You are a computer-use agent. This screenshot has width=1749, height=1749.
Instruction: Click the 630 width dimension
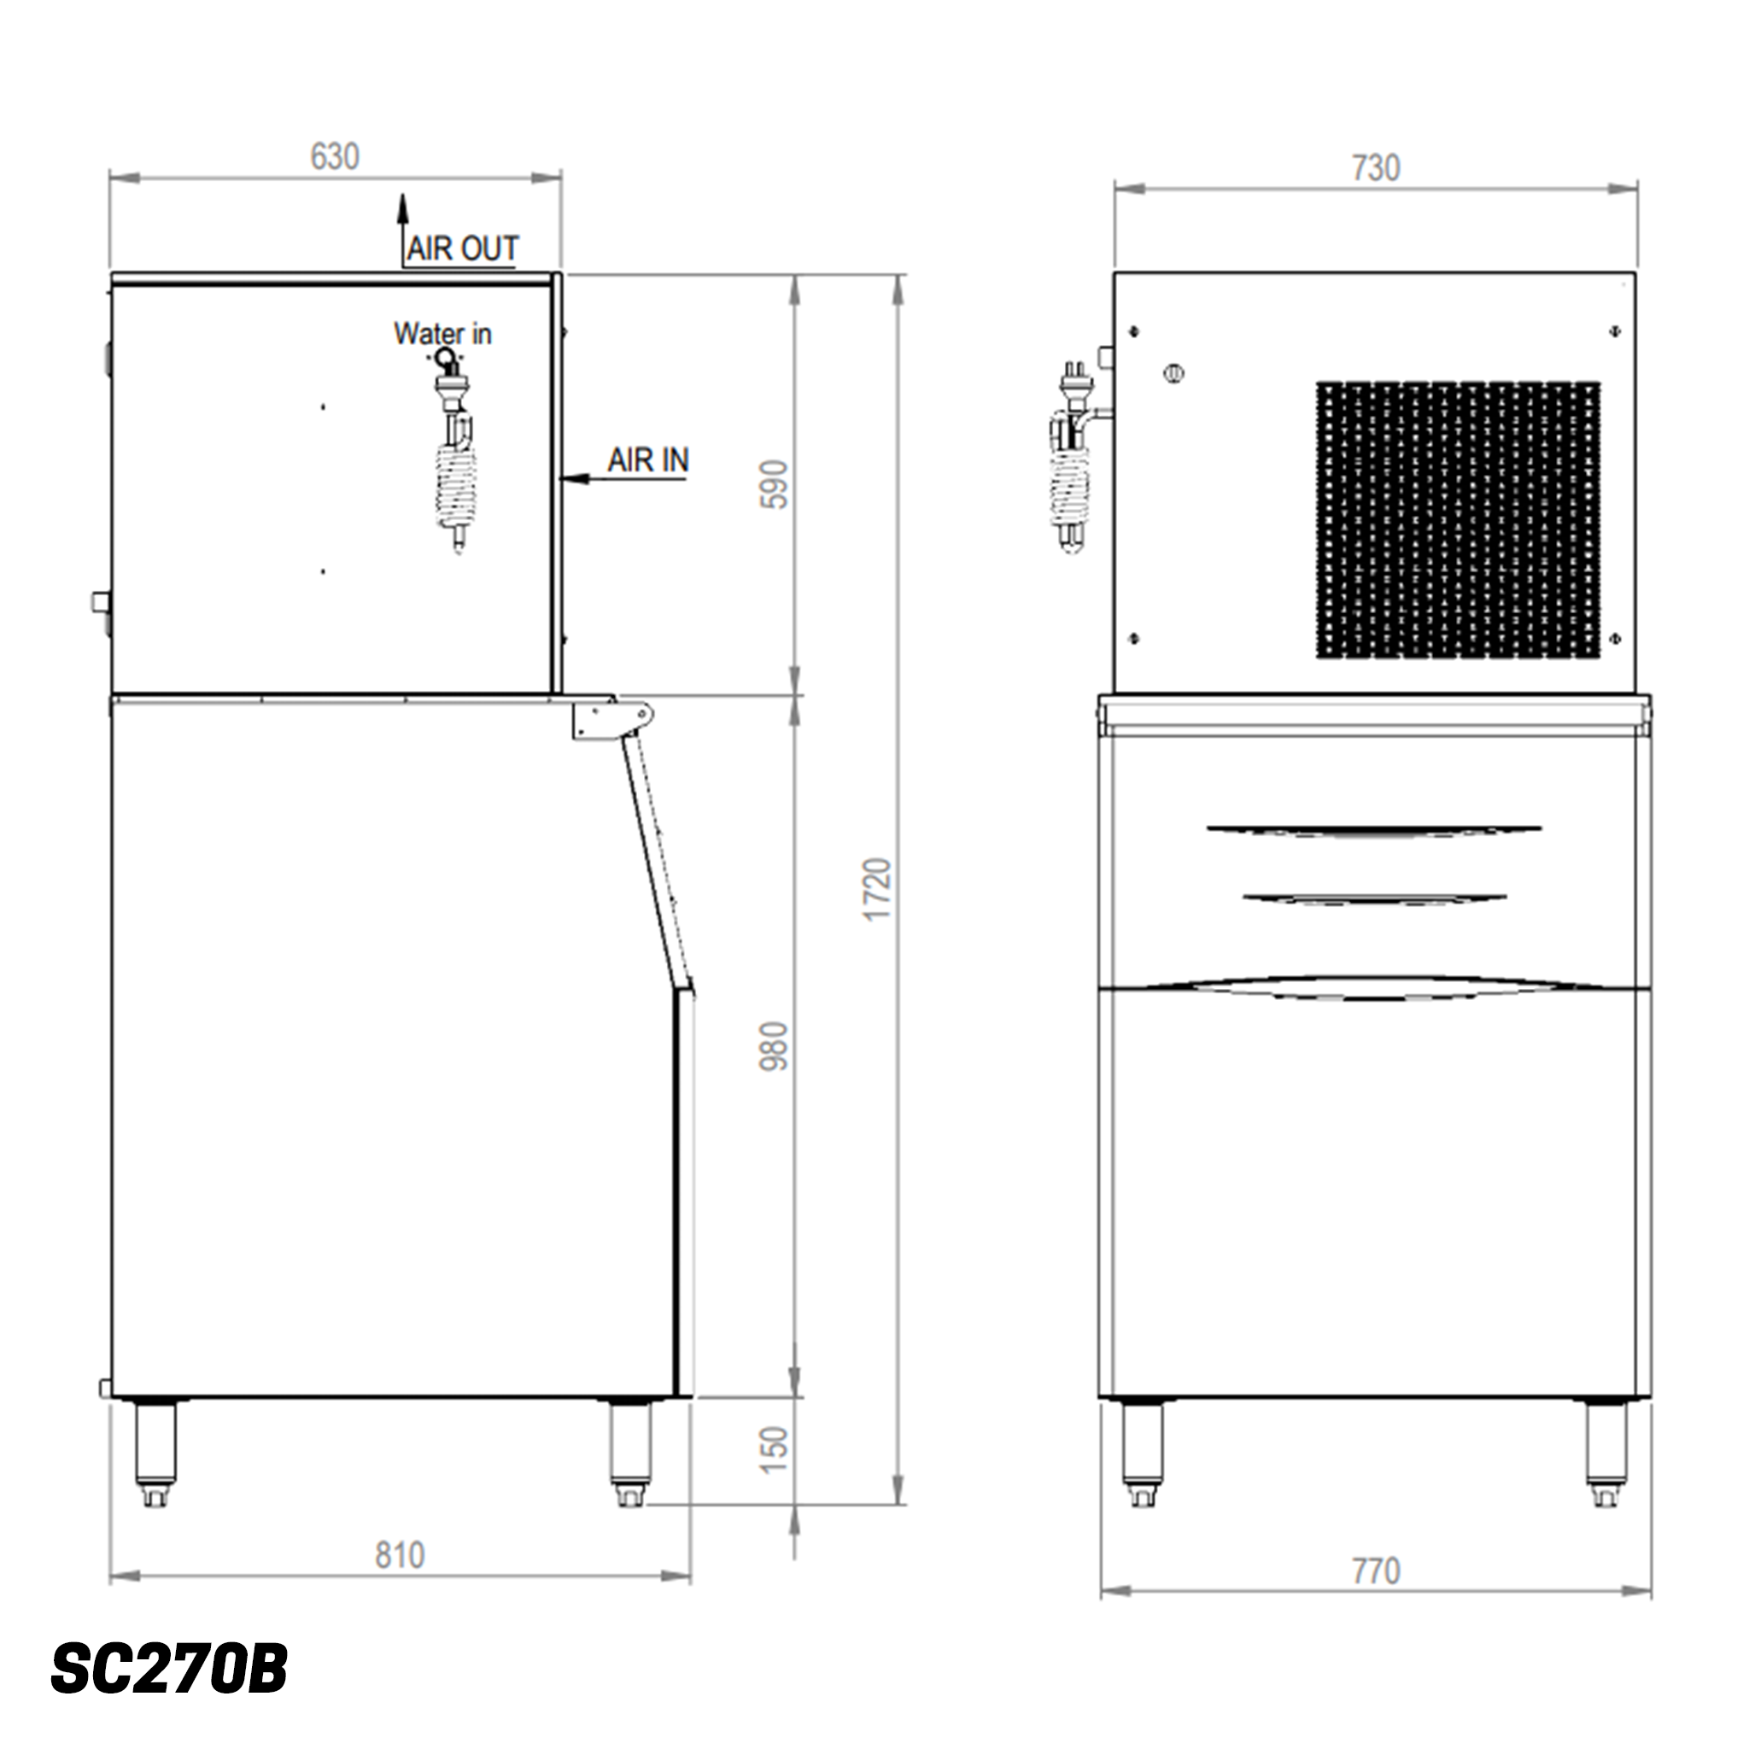334,156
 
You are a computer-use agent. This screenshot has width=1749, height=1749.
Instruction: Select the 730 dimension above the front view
1375,167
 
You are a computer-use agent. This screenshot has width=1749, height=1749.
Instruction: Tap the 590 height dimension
774,484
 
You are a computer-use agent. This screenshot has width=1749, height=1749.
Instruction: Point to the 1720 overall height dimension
877,889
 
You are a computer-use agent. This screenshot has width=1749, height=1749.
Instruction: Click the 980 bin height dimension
774,1046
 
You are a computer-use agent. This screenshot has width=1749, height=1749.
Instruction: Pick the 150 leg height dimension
774,1449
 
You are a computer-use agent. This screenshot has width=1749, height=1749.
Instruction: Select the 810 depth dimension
399,1555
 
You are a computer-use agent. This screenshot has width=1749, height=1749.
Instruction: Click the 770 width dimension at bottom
1375,1571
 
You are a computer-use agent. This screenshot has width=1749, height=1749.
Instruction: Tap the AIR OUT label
462,248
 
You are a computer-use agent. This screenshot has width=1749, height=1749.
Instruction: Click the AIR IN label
647,460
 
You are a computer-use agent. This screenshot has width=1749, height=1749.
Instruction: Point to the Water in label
442,333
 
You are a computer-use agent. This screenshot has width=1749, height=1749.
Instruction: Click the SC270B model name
169,1669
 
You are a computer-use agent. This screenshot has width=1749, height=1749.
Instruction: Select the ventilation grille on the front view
1457,519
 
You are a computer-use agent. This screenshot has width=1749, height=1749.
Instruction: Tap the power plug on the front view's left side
1073,380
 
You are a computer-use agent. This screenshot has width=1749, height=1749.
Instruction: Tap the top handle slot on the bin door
1373,829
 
